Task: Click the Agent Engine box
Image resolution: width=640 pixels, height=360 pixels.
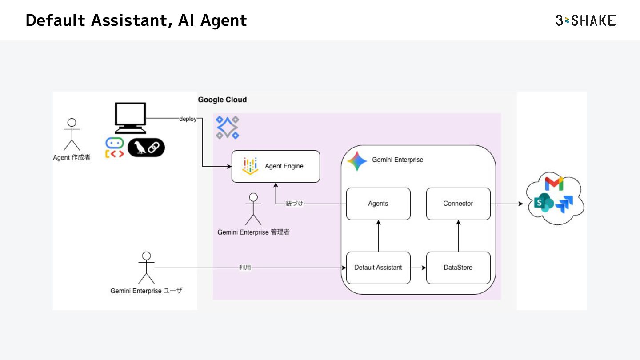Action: pos(276,166)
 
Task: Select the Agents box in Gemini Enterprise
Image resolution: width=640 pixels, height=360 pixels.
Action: pos(378,204)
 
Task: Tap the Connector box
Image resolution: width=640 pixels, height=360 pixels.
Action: pos(458,204)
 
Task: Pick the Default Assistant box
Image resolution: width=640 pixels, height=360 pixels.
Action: pos(378,268)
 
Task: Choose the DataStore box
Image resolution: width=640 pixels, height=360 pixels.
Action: pos(458,268)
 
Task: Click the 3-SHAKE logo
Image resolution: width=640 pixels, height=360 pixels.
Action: pos(585,20)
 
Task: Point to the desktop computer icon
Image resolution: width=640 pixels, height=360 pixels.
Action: pos(130,118)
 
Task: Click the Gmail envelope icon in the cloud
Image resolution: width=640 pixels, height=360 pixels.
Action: pos(554,184)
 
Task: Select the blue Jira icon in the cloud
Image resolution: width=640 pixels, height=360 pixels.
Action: pos(564,204)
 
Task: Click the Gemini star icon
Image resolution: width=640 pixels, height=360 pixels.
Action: pos(357,161)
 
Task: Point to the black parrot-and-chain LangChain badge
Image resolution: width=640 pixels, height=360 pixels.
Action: pos(146,148)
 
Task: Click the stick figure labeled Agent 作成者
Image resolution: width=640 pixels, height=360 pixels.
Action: pos(72,134)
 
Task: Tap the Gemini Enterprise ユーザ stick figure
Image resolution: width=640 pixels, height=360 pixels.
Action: pos(146,268)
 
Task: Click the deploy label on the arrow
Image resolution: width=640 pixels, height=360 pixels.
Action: pos(188,119)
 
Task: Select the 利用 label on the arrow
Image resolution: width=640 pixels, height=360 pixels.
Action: pos(245,268)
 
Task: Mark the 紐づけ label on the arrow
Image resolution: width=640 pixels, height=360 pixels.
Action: pos(295,204)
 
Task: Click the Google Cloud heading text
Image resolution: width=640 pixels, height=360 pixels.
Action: pos(222,100)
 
